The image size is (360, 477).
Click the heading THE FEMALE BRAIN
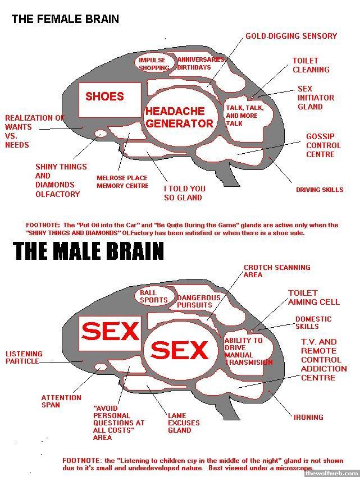pyautogui.click(x=65, y=19)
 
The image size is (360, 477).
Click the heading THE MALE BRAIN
pyautogui.click(x=89, y=251)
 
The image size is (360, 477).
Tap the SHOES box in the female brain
pyautogui.click(x=105, y=97)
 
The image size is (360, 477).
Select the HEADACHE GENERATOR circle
pyautogui.click(x=179, y=117)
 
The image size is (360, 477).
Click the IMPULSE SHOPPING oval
pyautogui.click(x=154, y=64)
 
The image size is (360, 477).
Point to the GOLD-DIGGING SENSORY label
pyautogui.click(x=291, y=36)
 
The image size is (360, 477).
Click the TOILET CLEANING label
pyautogui.click(x=311, y=65)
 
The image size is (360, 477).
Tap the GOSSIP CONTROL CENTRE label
pyautogui.click(x=320, y=145)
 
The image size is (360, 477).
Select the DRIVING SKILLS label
pyautogui.click(x=319, y=190)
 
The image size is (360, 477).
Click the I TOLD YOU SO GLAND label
pyautogui.click(x=184, y=193)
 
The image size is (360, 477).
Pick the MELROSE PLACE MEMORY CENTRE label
pyautogui.click(x=122, y=182)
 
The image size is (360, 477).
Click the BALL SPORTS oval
pyautogui.click(x=153, y=296)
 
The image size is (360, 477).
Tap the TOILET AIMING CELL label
pyautogui.click(x=313, y=297)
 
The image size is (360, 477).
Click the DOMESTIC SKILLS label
pyautogui.click(x=313, y=322)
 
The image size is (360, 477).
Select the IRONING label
pyautogui.click(x=308, y=417)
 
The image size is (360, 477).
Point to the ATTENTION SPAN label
pyautogui.click(x=61, y=401)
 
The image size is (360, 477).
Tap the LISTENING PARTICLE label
pyautogui.click(x=24, y=357)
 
